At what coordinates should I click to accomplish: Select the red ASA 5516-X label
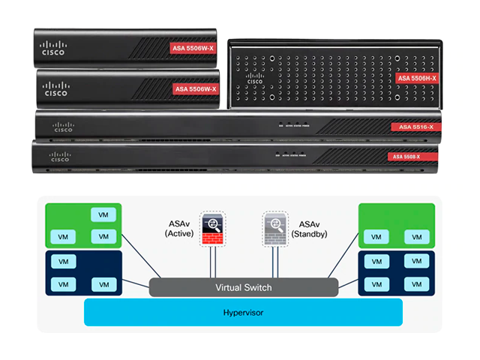(x=412, y=127)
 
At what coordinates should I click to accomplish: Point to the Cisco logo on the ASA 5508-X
(x=60, y=156)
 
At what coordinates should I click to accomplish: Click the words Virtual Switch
(x=244, y=287)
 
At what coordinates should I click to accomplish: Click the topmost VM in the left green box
(x=101, y=214)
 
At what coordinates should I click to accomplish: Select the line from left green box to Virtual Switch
(x=141, y=258)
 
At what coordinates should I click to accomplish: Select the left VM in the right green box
(x=373, y=238)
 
